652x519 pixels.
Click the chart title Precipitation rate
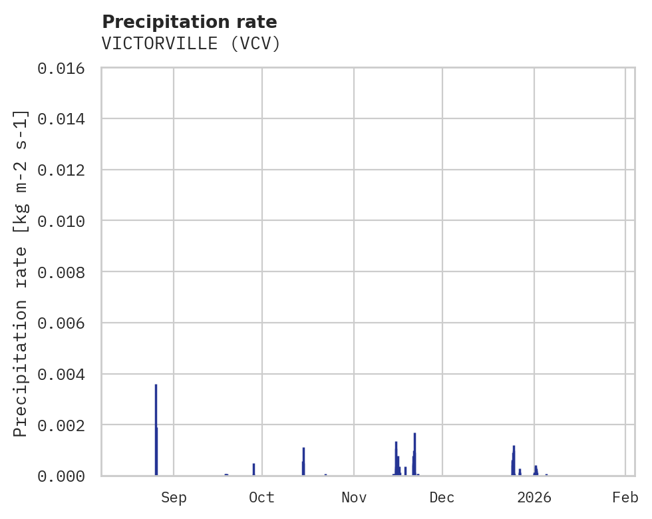(190, 22)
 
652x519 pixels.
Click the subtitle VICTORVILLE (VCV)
(191, 44)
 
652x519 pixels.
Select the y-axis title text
(21, 273)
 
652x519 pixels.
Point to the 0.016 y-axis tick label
(61, 68)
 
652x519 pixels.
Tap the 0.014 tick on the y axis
(61, 119)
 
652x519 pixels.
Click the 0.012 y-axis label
(61, 170)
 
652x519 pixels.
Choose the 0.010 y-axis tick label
(61, 221)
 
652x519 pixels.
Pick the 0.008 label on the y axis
(61, 272)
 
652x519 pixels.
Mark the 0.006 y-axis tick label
(61, 323)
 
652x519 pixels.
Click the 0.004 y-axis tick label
(61, 374)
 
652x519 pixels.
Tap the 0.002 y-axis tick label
(61, 425)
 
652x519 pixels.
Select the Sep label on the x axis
(174, 497)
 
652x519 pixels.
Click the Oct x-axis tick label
(262, 497)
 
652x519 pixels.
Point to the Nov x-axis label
(354, 497)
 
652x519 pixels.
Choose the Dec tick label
(442, 497)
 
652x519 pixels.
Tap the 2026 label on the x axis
(534, 497)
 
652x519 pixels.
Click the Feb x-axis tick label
(625, 497)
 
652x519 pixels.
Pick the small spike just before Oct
(253, 468)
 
